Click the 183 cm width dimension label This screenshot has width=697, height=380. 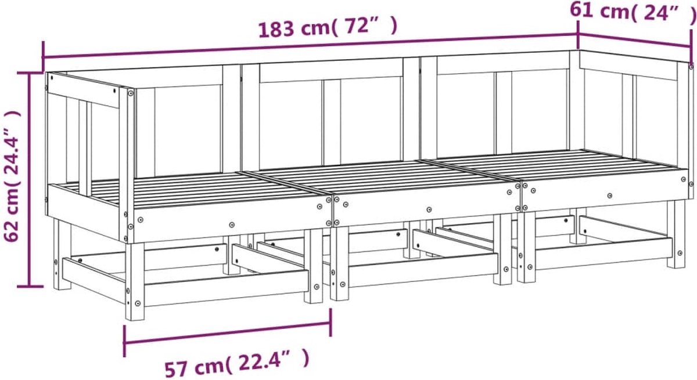[328, 28]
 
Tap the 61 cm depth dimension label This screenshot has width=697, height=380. [633, 12]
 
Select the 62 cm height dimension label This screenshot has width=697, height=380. [12, 176]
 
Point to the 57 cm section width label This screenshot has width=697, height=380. [237, 368]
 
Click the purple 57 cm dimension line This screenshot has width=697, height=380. [228, 333]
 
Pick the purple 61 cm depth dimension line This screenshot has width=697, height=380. [634, 41]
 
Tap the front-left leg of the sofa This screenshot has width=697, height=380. [135, 281]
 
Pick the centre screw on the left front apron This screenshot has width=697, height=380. [232, 225]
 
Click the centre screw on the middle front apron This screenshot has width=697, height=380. [429, 210]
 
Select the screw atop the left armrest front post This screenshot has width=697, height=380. [130, 93]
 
